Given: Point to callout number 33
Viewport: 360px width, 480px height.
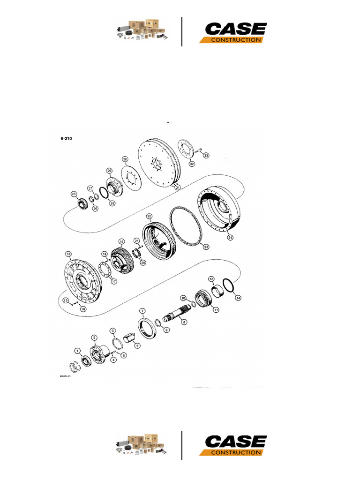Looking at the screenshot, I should (x=206, y=155).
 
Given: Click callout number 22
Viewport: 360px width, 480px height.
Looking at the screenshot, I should (x=149, y=216).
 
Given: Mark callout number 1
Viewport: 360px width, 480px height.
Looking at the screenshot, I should (x=77, y=350).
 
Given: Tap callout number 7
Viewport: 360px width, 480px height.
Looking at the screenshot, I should (x=142, y=311).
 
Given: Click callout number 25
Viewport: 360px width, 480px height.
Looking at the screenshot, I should (x=74, y=194).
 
